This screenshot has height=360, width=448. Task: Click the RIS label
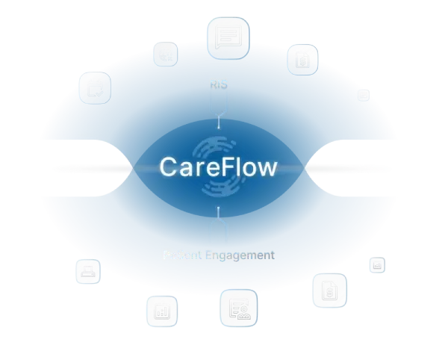click(218, 85)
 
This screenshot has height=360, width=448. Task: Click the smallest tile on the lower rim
click(376, 264)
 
